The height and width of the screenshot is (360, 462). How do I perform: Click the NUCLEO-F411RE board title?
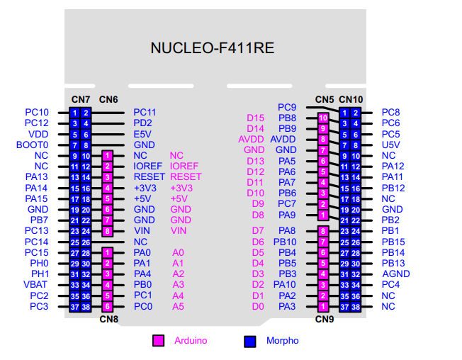coord(212,48)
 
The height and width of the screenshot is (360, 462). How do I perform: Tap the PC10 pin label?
coord(37,112)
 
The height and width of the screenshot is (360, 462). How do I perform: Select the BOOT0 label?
coord(33,145)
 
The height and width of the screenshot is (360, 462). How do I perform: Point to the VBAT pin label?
coord(35,285)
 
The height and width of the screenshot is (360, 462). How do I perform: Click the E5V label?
coord(142,134)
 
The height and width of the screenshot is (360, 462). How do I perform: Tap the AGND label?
coord(395,274)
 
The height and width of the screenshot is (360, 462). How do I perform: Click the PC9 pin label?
coord(286,107)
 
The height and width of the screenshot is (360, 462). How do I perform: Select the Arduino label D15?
coord(255,118)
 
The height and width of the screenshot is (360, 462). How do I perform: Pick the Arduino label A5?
coord(178,306)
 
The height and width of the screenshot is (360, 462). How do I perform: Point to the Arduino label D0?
coord(258,306)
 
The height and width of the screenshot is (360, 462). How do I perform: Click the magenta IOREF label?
coord(184,166)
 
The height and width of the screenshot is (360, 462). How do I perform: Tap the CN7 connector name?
coord(80,99)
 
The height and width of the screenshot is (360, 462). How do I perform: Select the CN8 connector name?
coord(108,319)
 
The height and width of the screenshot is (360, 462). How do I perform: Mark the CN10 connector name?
coord(351,99)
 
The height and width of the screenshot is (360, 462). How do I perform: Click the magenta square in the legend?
coord(158,341)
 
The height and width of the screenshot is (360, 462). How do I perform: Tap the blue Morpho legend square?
coord(249,341)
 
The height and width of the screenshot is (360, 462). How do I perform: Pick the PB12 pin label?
coord(393,188)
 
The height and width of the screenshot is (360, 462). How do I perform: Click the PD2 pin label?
coord(142,123)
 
